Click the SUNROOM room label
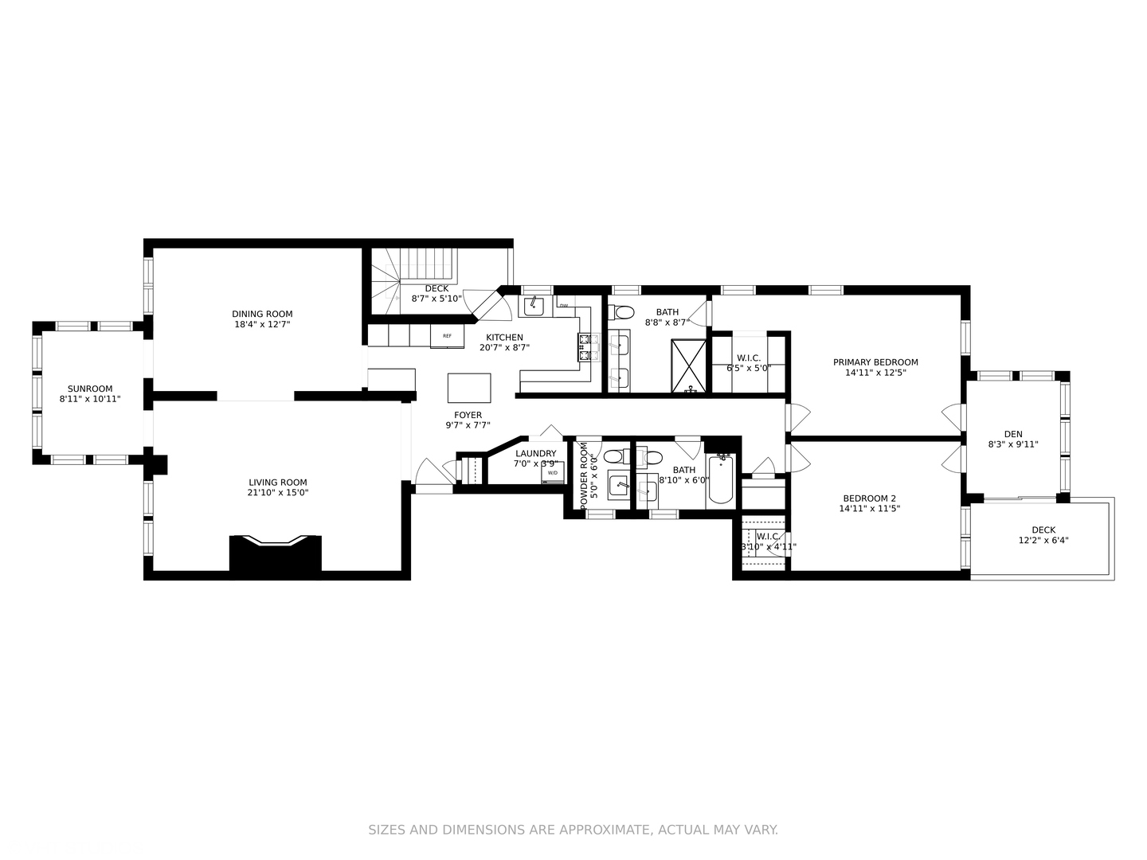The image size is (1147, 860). (90, 389)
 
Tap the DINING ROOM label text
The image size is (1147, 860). (262, 314)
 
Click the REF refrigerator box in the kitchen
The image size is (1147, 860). (447, 336)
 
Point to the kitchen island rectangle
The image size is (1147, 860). (469, 388)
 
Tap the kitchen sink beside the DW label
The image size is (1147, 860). (533, 306)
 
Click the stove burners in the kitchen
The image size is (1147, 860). (588, 348)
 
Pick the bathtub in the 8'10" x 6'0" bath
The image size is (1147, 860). (720, 481)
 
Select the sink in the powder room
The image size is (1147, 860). (619, 483)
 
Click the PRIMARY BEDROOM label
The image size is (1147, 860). (875, 362)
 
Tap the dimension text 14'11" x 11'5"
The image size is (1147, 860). (869, 509)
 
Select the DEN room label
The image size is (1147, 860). (1012, 434)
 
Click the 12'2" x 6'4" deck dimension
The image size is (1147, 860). (1043, 540)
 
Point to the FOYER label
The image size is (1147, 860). (468, 415)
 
